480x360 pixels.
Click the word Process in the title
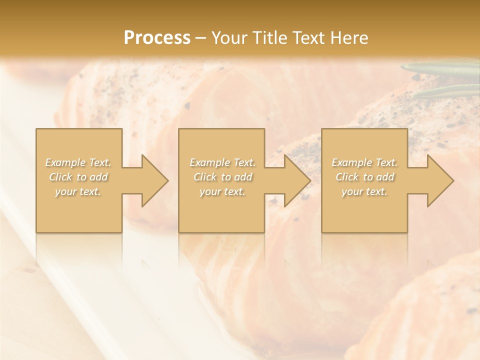pos(157,38)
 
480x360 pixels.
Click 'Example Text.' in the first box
pos(78,162)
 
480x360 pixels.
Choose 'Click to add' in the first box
pos(78,177)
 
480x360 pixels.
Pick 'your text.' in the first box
pos(78,191)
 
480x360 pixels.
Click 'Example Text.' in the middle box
pos(222,162)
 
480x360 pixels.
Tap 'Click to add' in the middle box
pos(222,177)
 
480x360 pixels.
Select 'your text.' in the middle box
pos(222,191)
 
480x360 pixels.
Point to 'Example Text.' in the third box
pos(364,162)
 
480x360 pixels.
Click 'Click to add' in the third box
pos(364,177)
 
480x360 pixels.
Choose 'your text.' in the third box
pos(364,191)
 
